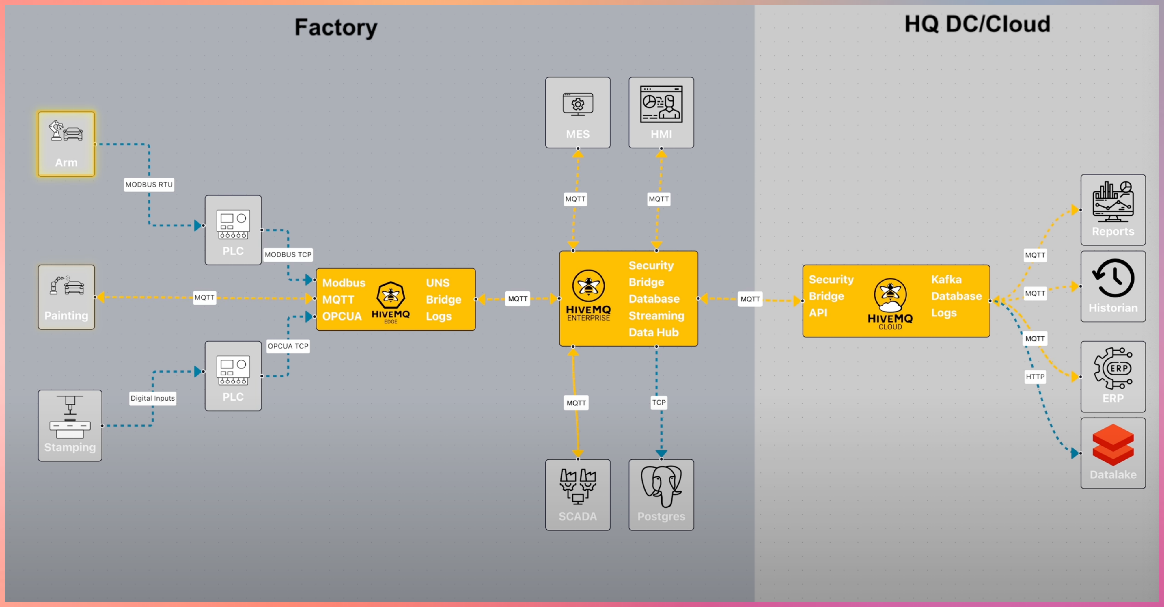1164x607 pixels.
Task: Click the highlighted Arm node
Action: click(x=66, y=144)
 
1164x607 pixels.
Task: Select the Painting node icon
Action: click(x=66, y=286)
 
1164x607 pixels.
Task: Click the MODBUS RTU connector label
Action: click(x=149, y=185)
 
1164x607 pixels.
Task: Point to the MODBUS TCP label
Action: click(x=288, y=254)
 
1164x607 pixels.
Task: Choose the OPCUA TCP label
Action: click(x=288, y=346)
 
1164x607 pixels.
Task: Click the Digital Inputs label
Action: click(x=153, y=398)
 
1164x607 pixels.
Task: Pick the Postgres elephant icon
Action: click(x=661, y=486)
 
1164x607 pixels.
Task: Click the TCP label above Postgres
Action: click(x=659, y=402)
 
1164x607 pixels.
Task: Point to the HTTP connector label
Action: click(x=1035, y=377)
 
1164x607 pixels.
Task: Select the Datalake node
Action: click(x=1113, y=453)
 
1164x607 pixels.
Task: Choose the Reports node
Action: click(x=1113, y=210)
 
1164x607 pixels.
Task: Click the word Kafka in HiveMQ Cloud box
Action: click(x=946, y=279)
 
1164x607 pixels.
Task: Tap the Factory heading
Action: click(x=336, y=27)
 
